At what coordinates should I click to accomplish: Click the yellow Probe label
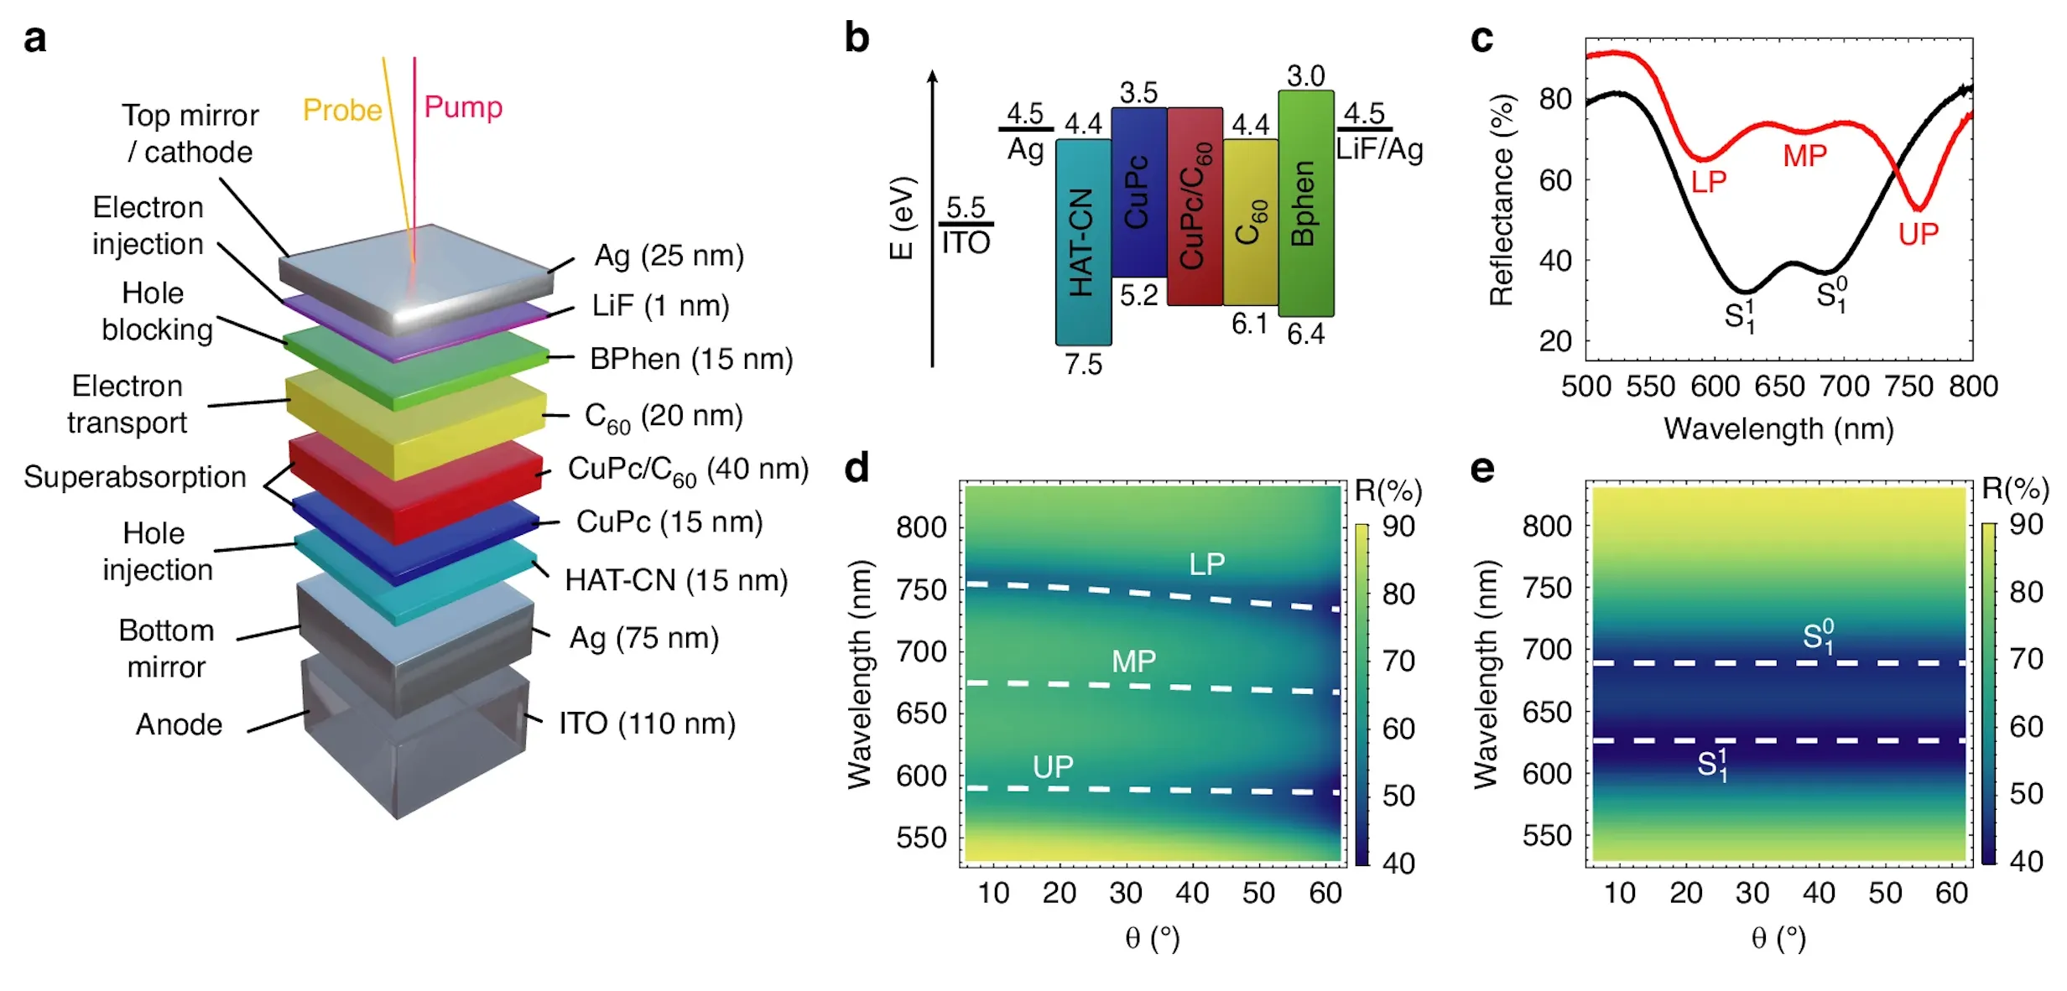[x=341, y=110]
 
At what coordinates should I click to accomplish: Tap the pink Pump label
[x=463, y=106]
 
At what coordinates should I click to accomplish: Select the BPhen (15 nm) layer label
[x=691, y=359]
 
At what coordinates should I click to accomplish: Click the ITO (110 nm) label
[x=647, y=724]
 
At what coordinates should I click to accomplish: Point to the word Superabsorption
[x=134, y=477]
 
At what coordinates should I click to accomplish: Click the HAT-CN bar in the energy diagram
[x=1083, y=241]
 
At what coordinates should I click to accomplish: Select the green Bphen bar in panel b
[x=1305, y=203]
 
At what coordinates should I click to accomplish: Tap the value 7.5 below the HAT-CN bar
[x=1083, y=365]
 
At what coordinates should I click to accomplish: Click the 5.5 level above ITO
[x=966, y=207]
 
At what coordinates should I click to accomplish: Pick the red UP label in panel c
[x=1918, y=234]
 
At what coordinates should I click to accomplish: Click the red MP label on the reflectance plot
[x=1804, y=156]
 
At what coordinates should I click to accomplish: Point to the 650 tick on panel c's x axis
[x=1779, y=387]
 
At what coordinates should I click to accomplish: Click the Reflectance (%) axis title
[x=1501, y=200]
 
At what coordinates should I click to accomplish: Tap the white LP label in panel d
[x=1206, y=564]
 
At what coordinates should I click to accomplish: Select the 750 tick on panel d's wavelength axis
[x=921, y=589]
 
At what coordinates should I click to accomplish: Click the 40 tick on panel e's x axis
[x=1819, y=893]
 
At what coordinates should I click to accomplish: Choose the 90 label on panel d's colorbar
[x=1398, y=527]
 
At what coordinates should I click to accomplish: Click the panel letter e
[x=1481, y=469]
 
